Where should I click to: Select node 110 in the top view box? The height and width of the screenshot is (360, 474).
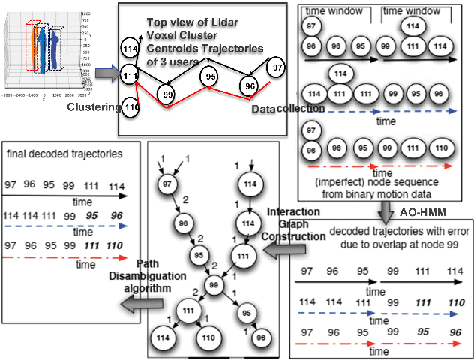click(x=131, y=106)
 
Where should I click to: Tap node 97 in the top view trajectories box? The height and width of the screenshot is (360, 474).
click(x=276, y=67)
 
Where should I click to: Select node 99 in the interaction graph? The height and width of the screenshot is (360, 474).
click(x=214, y=284)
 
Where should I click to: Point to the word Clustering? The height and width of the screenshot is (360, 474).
click(x=93, y=108)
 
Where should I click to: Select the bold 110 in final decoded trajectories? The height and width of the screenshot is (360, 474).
click(x=114, y=245)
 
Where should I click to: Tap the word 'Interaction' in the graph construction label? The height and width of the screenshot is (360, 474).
click(x=291, y=212)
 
